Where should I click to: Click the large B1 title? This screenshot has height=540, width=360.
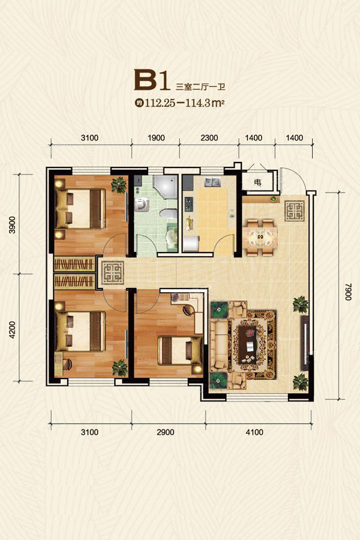[152, 80]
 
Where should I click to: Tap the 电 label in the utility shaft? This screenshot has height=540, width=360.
[257, 182]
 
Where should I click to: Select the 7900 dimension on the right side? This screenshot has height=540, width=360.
[348, 292]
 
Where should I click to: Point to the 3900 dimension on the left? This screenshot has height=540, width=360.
[12, 225]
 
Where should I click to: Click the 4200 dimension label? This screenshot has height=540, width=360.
[12, 329]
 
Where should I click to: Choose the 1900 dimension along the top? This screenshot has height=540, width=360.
[156, 138]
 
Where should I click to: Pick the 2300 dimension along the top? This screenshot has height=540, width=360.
[209, 138]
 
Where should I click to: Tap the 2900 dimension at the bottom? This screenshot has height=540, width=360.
[166, 432]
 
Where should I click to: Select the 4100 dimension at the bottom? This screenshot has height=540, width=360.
[254, 432]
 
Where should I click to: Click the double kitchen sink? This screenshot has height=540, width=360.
[212, 182]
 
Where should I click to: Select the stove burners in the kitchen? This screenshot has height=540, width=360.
[189, 204]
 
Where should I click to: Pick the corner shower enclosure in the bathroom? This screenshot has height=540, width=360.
[164, 188]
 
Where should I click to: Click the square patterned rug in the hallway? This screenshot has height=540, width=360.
[113, 273]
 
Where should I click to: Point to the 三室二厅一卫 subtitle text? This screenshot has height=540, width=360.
[200, 86]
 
